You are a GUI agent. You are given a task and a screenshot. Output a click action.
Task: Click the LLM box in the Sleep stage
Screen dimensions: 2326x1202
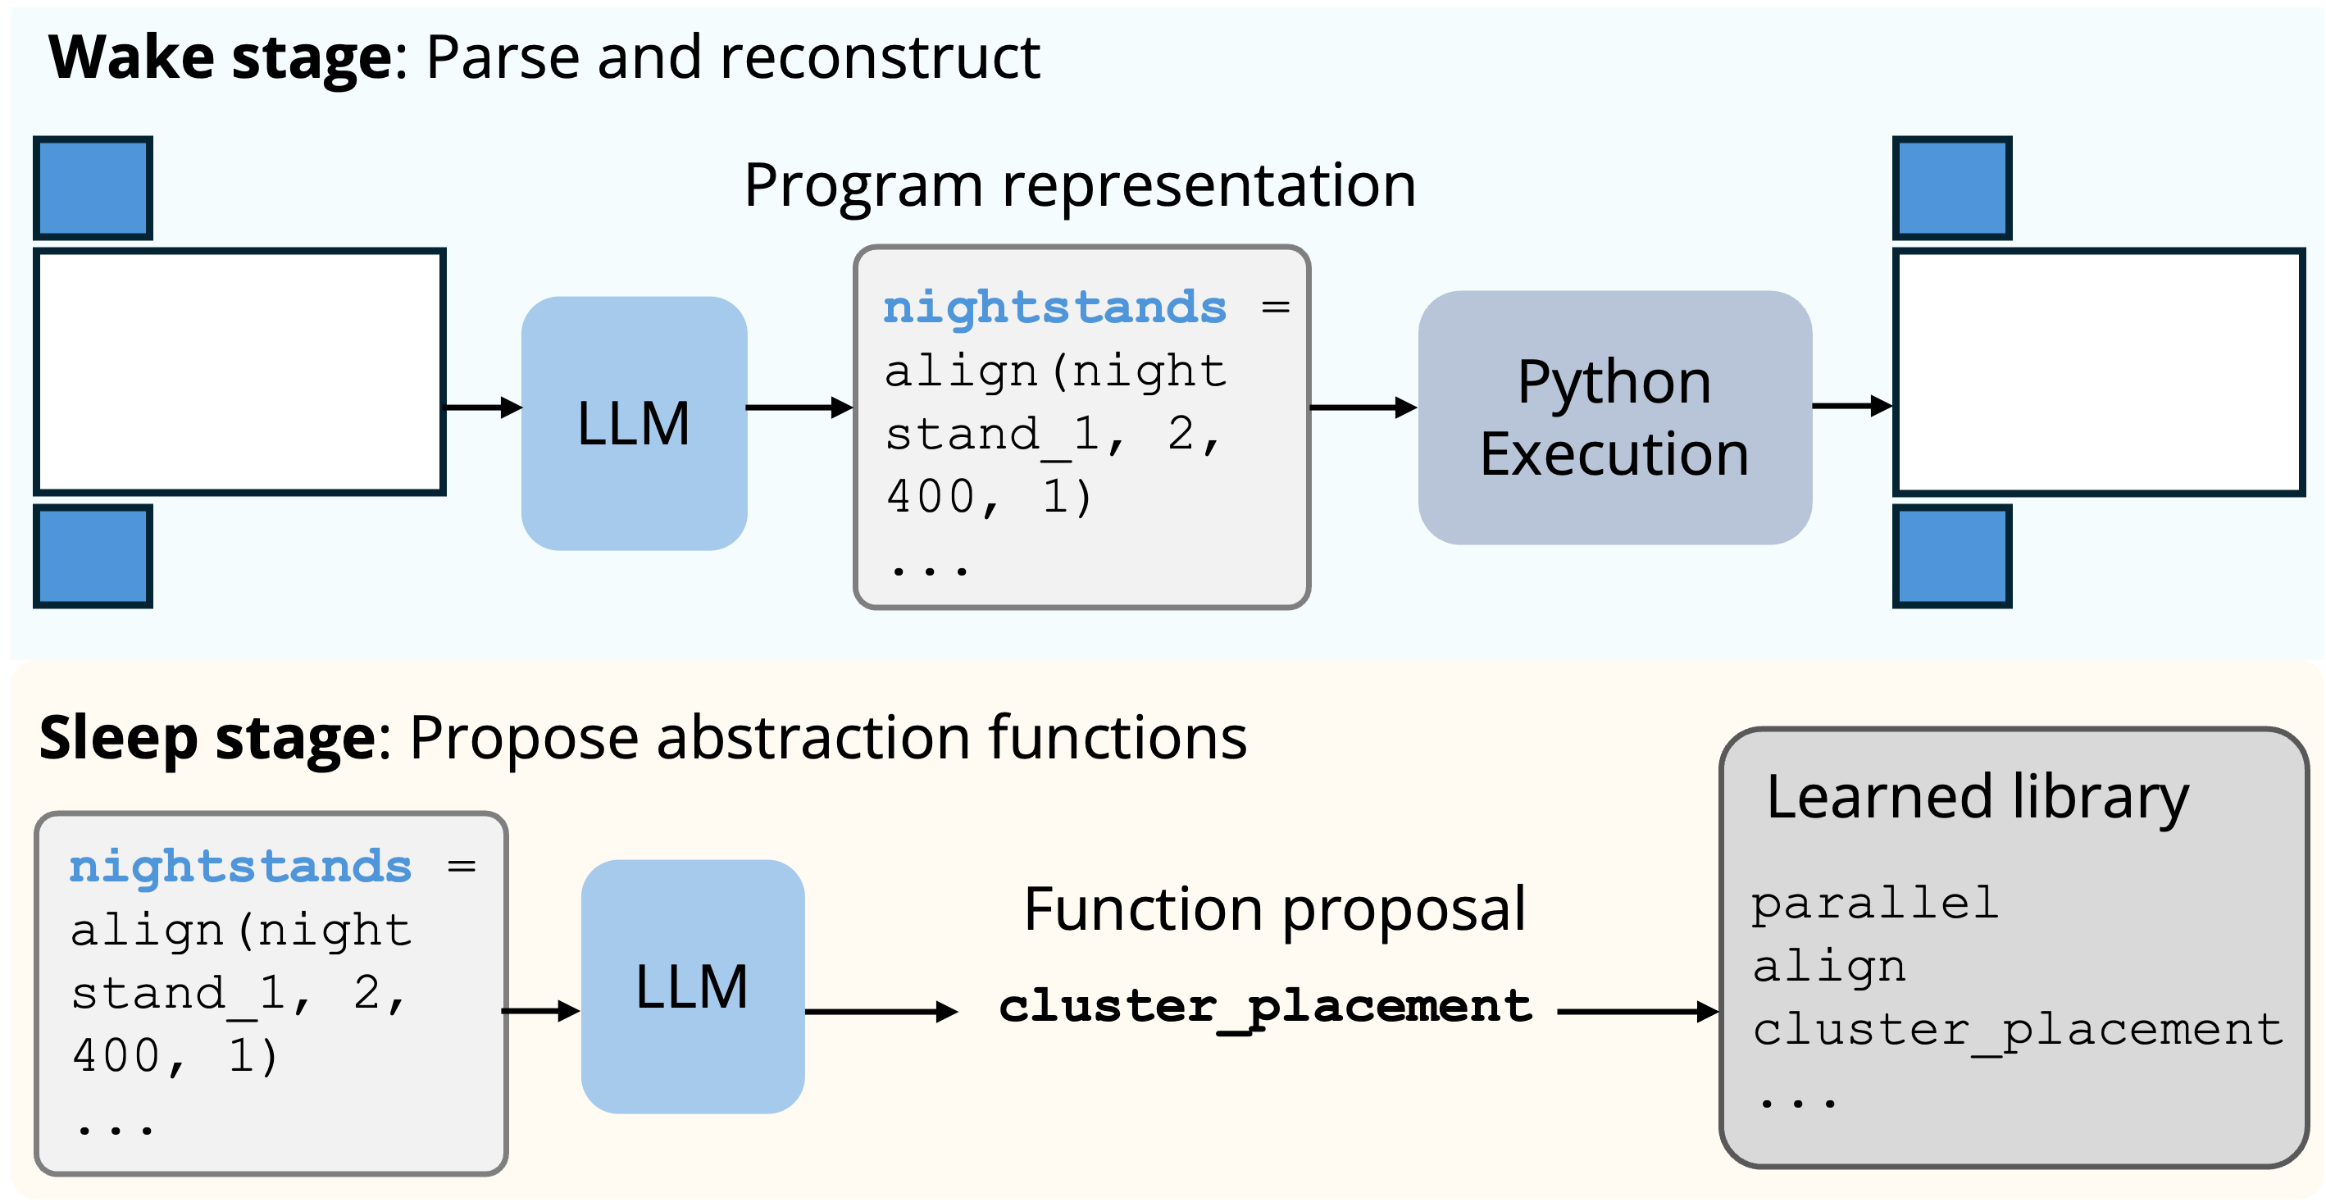point(693,986)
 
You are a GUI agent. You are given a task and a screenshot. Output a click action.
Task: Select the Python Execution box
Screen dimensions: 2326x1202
point(1614,417)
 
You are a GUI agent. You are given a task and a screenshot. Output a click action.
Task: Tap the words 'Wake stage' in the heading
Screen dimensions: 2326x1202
point(221,57)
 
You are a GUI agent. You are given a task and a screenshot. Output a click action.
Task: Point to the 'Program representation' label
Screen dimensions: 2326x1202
point(1080,185)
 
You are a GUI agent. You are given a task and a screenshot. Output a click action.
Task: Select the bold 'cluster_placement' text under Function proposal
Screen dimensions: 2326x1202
point(1265,1007)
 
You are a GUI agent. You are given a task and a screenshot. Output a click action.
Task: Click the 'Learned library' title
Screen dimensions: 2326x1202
point(1978,798)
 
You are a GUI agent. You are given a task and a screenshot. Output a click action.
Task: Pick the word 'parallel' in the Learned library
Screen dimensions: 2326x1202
point(1874,903)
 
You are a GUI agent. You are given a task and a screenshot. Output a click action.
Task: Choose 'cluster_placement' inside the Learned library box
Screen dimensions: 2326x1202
point(2017,1030)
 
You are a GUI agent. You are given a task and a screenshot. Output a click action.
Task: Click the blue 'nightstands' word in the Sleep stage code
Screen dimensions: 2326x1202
point(240,866)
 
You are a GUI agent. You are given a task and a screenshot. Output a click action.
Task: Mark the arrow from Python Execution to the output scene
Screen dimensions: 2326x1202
point(1852,406)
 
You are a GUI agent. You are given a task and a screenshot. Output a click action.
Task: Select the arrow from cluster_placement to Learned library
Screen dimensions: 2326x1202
point(1638,1012)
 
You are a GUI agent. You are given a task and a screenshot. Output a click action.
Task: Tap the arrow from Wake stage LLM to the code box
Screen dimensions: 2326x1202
point(800,407)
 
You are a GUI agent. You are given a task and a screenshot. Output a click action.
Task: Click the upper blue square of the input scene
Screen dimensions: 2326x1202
point(93,188)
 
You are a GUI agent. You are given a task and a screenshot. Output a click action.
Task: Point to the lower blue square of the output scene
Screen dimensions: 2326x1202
point(1952,556)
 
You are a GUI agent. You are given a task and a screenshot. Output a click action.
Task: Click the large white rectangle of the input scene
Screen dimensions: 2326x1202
point(240,371)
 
